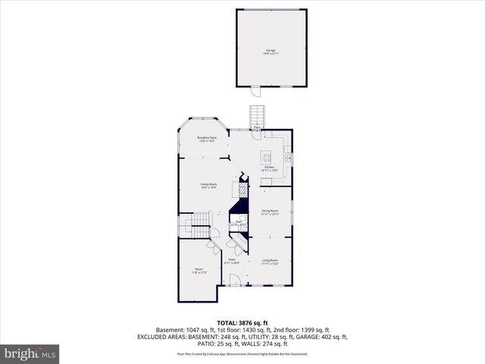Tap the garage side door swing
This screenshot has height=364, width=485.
pos(255,92)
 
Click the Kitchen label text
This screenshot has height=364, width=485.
pos(269,168)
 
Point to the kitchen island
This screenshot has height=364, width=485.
pos(268,157)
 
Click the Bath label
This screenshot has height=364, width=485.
pos(236,224)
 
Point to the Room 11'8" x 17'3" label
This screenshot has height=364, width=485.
pos(199,270)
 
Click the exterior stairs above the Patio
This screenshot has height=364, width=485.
pos(258,116)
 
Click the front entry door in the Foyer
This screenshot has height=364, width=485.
pos(236,283)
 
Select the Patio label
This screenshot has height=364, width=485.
pos(258,127)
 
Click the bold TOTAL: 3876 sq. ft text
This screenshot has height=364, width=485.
pos(242,322)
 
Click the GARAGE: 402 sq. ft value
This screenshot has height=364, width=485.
pos(320,337)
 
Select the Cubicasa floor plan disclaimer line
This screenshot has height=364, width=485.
pos(242,353)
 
